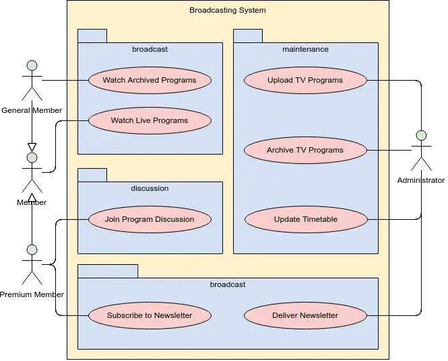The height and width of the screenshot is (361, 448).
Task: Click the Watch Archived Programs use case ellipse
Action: (150, 80)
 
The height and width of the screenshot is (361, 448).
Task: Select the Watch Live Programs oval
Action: (150, 121)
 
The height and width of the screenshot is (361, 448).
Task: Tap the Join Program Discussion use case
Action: (150, 219)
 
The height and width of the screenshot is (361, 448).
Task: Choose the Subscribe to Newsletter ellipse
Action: (150, 315)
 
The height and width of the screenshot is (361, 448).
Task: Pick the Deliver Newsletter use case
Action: (305, 315)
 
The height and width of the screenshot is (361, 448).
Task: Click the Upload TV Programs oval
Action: (305, 81)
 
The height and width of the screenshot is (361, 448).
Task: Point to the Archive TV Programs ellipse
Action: (305, 150)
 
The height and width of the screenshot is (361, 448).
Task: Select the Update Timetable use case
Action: (305, 219)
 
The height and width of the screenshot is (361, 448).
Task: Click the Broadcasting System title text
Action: (228, 10)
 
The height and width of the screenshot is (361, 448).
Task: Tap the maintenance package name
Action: (305, 49)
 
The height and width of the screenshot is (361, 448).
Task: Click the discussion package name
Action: (150, 188)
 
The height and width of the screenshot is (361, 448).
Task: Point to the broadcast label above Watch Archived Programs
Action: (150, 49)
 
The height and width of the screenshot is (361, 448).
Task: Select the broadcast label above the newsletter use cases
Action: (228, 284)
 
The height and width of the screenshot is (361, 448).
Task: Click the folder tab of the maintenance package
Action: (248, 36)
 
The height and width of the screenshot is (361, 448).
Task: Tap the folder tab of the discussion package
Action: (92, 175)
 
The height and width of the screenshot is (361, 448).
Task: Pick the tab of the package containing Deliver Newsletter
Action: (108, 271)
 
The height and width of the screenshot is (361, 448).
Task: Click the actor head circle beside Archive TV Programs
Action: (421, 136)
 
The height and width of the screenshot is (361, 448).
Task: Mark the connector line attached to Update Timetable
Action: (379, 219)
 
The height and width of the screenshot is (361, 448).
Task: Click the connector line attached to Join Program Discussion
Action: (77, 219)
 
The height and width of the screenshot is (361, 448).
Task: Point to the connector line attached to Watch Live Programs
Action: (77, 121)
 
